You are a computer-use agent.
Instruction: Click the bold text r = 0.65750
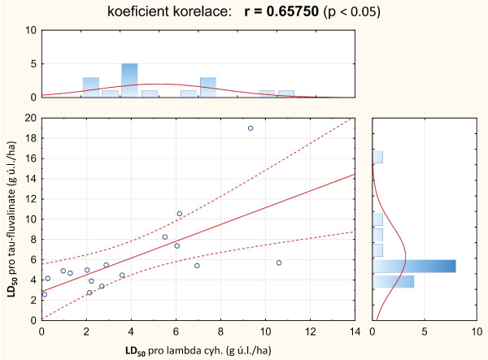(x=290, y=12)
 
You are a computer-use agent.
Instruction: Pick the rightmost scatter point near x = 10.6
(x=279, y=262)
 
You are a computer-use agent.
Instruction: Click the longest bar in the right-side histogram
(x=415, y=266)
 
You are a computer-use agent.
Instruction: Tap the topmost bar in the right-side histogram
(x=378, y=157)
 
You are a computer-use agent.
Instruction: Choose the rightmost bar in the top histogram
(x=285, y=93)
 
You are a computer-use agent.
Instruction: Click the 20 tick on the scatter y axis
(x=32, y=118)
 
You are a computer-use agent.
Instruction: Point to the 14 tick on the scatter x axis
(x=354, y=332)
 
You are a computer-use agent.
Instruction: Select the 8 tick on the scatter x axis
(x=220, y=332)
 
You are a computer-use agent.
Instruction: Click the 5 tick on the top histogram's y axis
(x=32, y=64)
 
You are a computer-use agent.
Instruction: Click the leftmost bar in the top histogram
(x=91, y=87)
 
